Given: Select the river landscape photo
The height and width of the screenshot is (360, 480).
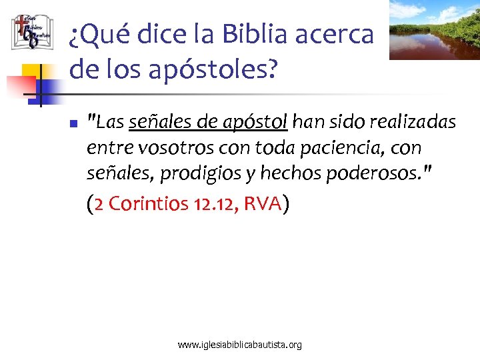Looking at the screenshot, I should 434,29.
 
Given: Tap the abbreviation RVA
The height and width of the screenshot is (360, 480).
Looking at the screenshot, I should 263,204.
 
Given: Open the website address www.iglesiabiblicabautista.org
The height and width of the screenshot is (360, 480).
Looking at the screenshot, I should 240,345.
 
